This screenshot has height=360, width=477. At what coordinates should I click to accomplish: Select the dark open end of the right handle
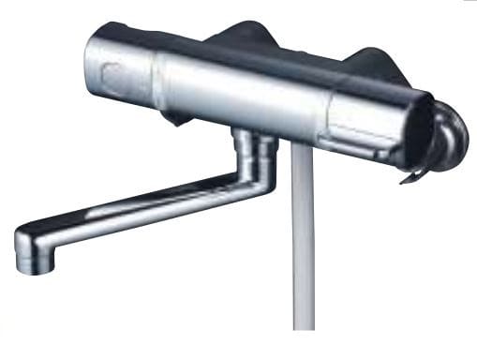tap(421, 131)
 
